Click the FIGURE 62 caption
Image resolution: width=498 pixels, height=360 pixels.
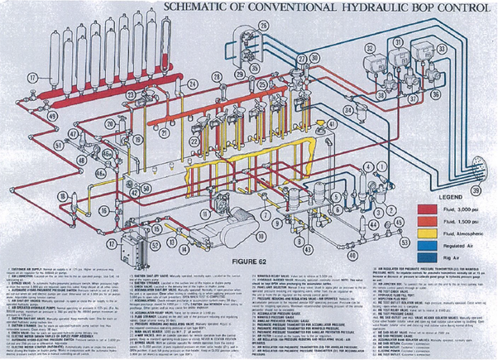click(245, 258)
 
